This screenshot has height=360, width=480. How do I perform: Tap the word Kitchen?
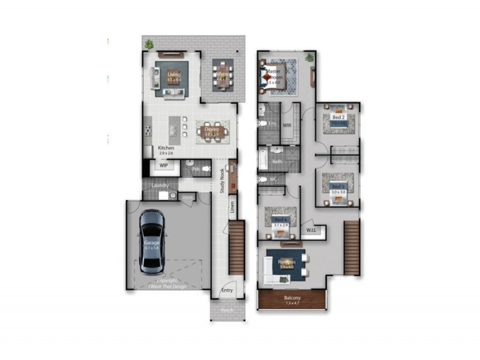[166, 148]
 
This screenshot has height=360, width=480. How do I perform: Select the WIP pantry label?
[163, 165]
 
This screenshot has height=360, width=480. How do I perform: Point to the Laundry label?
[159, 185]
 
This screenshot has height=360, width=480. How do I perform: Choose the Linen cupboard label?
[232, 207]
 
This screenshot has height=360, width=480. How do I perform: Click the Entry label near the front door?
[227, 290]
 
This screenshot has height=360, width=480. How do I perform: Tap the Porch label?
[227, 311]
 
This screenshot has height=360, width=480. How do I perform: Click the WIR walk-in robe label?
[287, 126]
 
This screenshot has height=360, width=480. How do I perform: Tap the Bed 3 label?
[338, 187]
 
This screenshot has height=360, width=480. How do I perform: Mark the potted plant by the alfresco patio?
[148, 44]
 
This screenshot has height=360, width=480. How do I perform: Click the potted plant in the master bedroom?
[310, 58]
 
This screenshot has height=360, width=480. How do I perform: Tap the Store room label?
[187, 196]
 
